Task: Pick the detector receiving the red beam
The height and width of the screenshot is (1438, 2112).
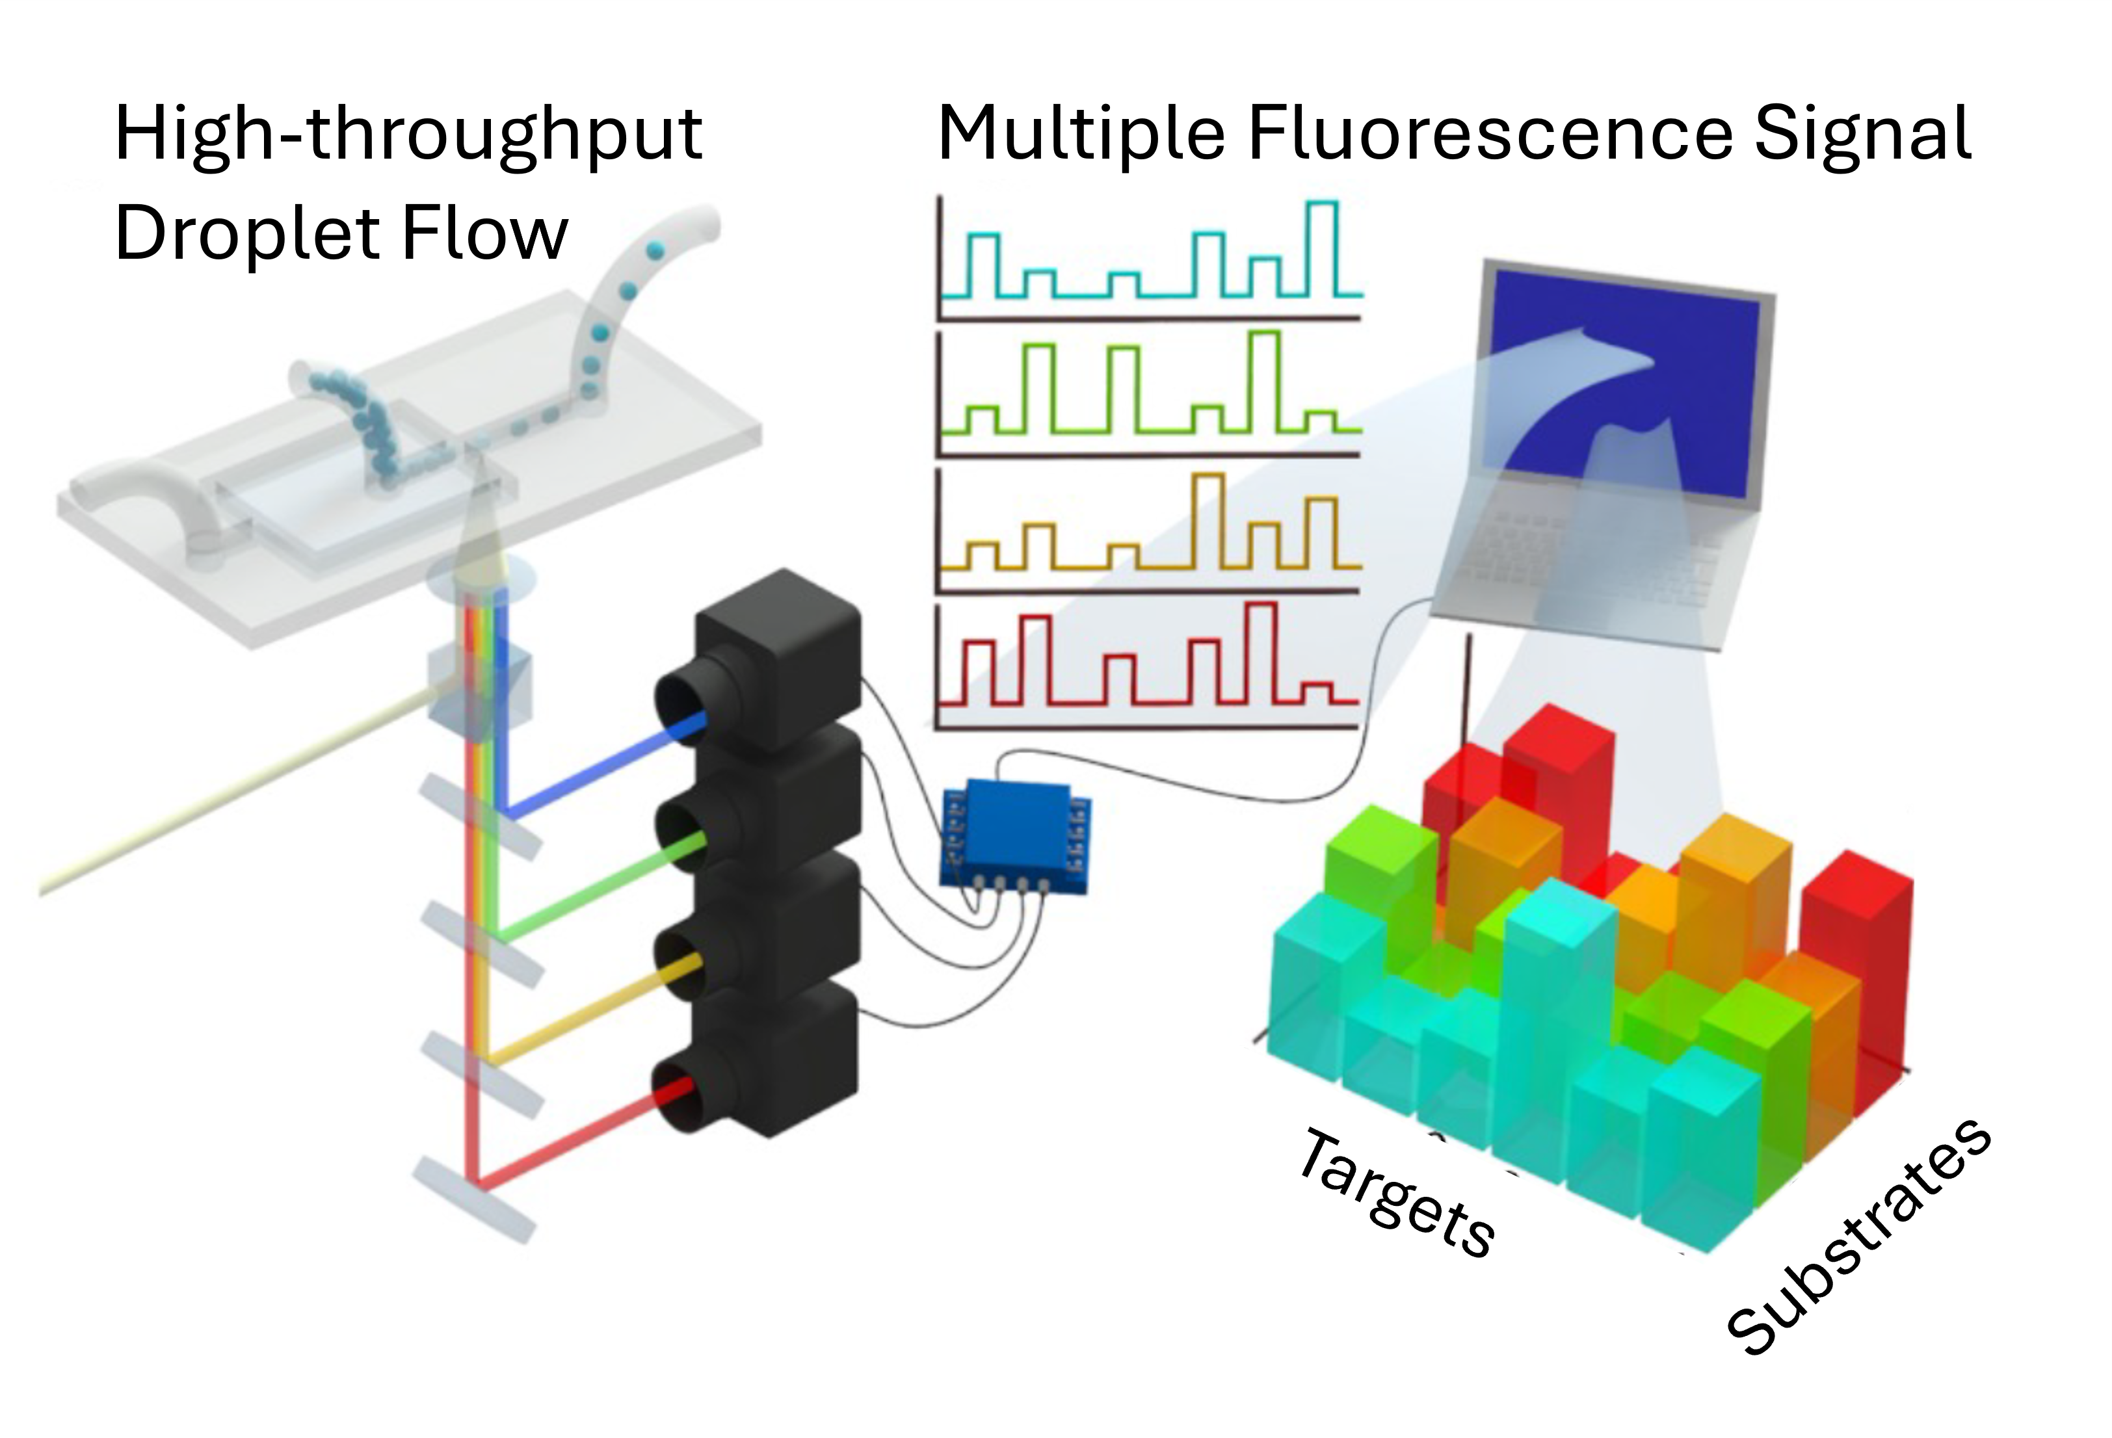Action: [772, 1063]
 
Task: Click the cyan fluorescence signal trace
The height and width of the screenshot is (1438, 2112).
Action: [1150, 263]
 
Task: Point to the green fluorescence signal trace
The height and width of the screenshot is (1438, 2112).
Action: [1150, 395]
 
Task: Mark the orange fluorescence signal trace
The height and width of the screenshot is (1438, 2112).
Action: [1150, 536]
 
